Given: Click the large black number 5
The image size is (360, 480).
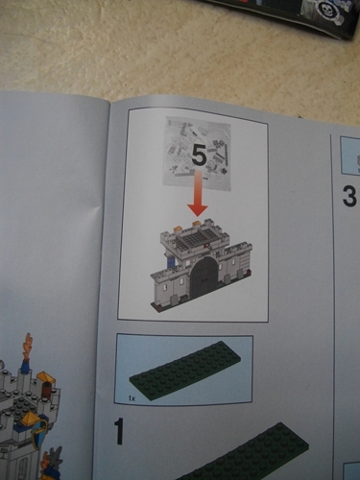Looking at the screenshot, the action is click(199, 156).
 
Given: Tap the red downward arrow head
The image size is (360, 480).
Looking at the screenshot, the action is click(198, 209).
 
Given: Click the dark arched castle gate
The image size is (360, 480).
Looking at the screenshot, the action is click(204, 276).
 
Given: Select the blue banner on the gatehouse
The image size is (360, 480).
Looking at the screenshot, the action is click(171, 261).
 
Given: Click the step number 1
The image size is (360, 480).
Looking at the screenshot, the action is click(119, 432).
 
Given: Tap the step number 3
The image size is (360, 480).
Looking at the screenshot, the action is click(349, 197).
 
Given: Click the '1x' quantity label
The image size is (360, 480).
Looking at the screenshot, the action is click(132, 398).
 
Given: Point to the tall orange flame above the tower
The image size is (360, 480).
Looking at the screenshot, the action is click(27, 348).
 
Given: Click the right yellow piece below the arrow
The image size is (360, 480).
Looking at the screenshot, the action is click(197, 223).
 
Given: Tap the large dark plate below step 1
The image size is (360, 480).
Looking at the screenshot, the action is click(242, 454).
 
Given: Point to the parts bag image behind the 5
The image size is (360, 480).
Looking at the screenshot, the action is click(197, 155).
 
